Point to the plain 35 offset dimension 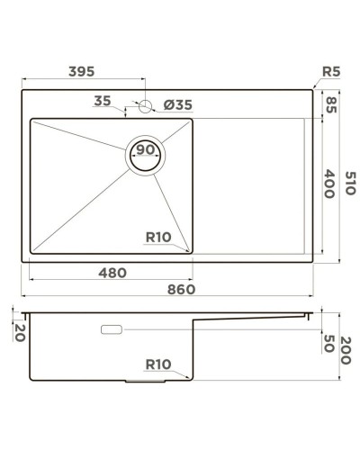pyautogui.click(x=103, y=102)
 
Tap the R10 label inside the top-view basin pyautogui.click(x=158, y=238)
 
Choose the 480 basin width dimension pyautogui.click(x=112, y=272)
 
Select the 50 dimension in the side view pyautogui.click(x=329, y=343)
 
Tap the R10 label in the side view pyautogui.click(x=158, y=364)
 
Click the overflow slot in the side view pyautogui.click(x=113, y=330)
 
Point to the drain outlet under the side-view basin pyautogui.click(x=148, y=382)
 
